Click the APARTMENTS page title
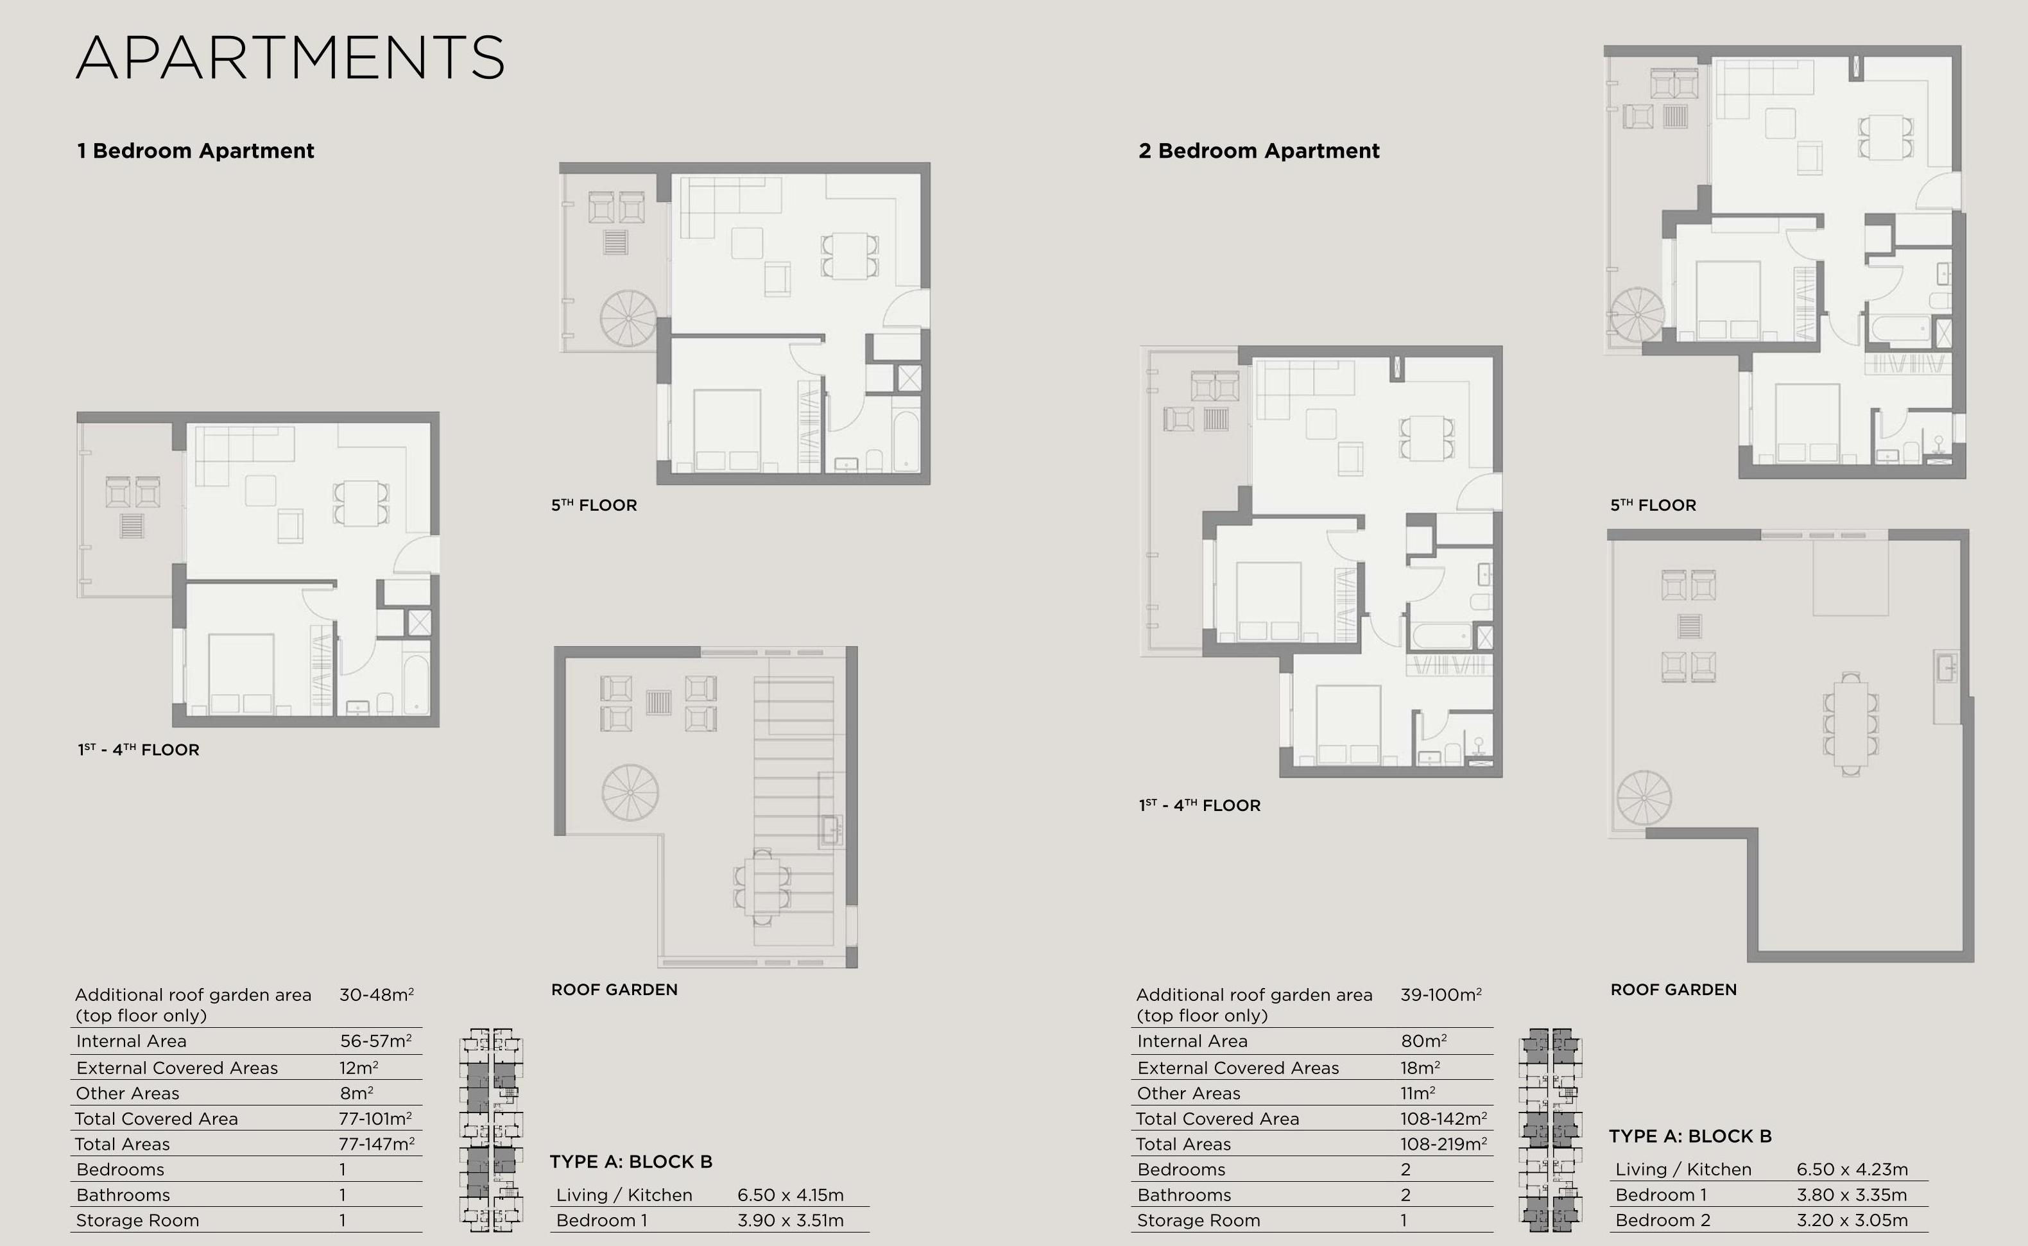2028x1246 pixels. (x=290, y=58)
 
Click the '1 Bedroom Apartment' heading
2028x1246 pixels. (x=195, y=151)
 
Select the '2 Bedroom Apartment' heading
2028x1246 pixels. (x=1259, y=151)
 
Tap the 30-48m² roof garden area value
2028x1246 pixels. (x=376, y=994)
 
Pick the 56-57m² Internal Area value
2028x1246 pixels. (x=376, y=1041)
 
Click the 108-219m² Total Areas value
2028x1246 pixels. (x=1443, y=1144)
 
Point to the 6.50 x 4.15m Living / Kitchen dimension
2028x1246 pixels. (x=790, y=1195)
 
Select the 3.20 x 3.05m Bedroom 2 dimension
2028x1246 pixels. (x=1852, y=1220)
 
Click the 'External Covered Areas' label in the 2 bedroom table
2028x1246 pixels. (x=1238, y=1068)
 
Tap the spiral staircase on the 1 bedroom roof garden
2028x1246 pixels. (x=630, y=793)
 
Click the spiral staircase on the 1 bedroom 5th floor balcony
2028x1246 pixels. (x=628, y=318)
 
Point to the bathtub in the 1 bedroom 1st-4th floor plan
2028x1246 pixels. (x=416, y=684)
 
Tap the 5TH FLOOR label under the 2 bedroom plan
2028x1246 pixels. (x=1653, y=505)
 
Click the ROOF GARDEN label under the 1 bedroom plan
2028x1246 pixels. (x=614, y=990)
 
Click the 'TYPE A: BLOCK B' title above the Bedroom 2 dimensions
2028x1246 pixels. (x=1689, y=1136)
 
